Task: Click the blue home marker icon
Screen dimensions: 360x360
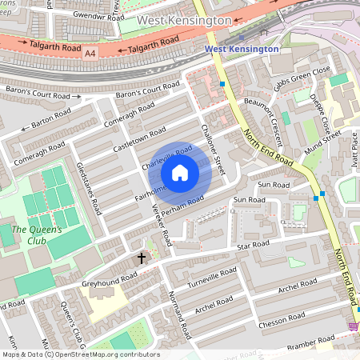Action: (180, 173)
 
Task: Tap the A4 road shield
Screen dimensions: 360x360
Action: (90, 53)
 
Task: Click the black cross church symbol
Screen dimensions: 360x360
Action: (142, 258)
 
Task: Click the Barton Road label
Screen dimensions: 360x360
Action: (50, 121)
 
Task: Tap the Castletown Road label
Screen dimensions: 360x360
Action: (139, 137)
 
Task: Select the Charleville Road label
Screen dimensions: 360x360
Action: (166, 157)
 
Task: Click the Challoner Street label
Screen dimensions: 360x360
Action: (213, 148)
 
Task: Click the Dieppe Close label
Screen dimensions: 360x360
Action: (324, 115)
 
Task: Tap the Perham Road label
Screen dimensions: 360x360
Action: (177, 206)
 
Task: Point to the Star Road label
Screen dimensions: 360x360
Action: (253, 243)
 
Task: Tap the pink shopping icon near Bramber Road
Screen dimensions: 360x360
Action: (354, 326)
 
